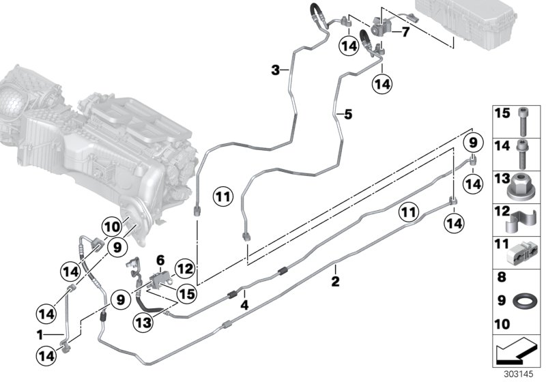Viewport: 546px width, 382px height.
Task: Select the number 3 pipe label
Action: tap(276, 70)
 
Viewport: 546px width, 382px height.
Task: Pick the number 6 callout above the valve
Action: tap(161, 260)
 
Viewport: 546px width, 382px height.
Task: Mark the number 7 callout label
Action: tap(405, 31)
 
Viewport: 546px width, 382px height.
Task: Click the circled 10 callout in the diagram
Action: tap(111, 224)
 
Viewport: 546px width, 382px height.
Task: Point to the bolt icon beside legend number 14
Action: tap(523, 151)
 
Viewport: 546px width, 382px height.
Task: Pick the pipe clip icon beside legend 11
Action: tap(522, 252)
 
